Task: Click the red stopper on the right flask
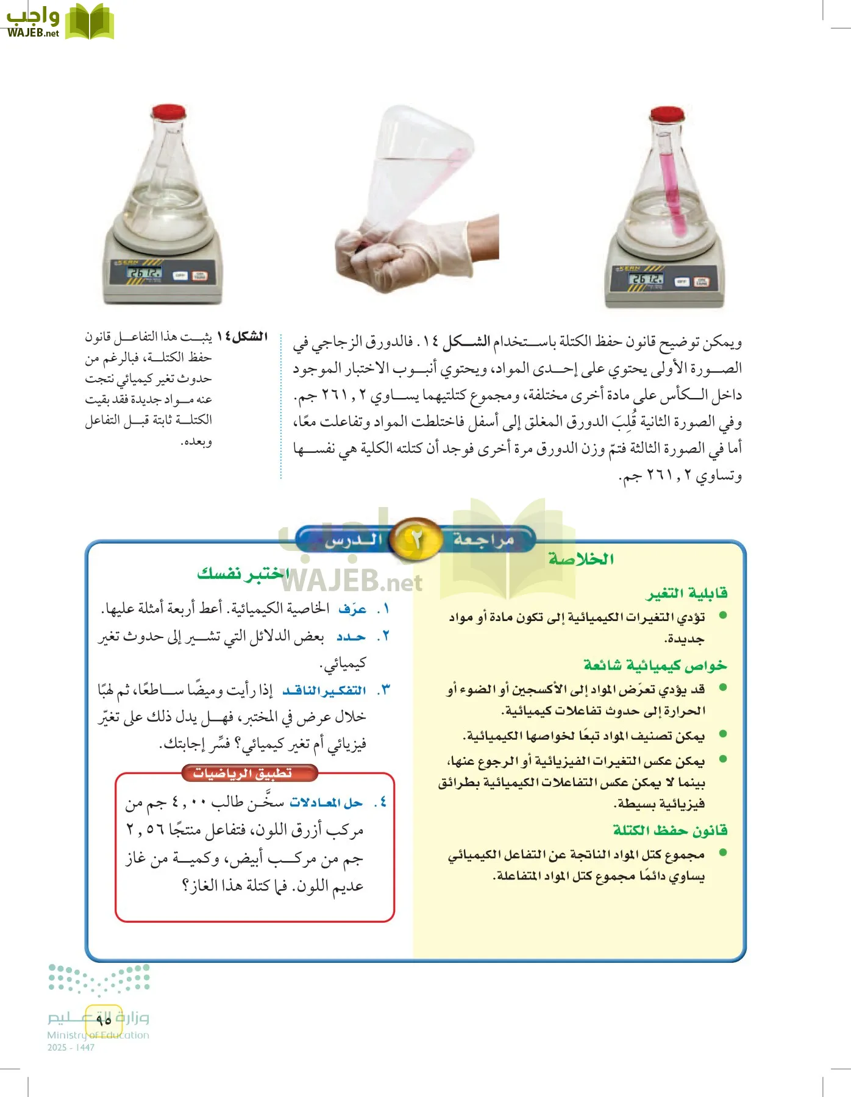[666, 114]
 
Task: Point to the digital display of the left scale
[144, 272]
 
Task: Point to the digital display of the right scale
[646, 279]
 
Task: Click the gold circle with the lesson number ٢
[416, 539]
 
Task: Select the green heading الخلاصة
[580, 559]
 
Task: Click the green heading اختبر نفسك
[243, 573]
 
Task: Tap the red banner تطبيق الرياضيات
[243, 773]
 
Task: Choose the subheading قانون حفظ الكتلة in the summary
[670, 830]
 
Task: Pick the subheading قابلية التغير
[686, 593]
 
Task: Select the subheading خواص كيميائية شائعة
[655, 665]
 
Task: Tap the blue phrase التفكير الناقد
[324, 691]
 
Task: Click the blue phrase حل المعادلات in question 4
[326, 803]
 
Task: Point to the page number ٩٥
[103, 1018]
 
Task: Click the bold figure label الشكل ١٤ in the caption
[242, 336]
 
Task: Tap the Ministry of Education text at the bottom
[98, 1035]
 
